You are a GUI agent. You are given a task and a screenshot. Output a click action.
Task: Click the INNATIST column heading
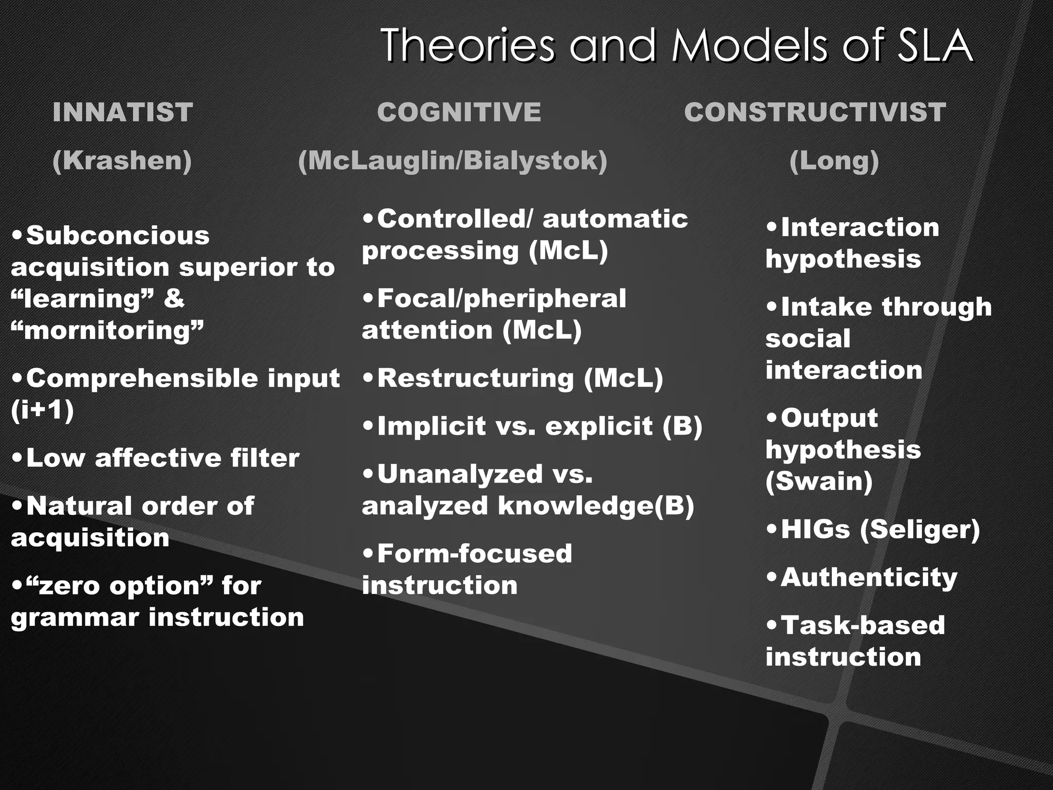point(122,112)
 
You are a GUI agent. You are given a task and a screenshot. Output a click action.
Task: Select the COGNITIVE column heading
point(459,112)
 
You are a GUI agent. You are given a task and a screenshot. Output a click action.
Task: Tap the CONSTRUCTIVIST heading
point(814,112)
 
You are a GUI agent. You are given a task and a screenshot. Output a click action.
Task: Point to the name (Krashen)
point(122,160)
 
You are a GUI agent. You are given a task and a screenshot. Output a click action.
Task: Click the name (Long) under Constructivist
point(833,160)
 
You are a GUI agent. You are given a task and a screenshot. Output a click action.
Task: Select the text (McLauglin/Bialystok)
point(452,160)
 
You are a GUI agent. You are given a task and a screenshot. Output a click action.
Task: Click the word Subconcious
point(118,236)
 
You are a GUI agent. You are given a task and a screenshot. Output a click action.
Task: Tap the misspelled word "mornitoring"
point(107,330)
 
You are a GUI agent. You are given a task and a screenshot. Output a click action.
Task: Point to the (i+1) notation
point(42,410)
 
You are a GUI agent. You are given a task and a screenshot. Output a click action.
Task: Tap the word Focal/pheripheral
point(501,299)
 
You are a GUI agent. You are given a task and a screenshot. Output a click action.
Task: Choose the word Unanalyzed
point(460,474)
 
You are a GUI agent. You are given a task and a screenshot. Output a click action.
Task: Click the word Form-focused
point(474,554)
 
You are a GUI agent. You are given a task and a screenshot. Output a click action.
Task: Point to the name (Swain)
point(819,481)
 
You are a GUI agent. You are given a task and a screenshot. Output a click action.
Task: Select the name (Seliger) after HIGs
point(920,529)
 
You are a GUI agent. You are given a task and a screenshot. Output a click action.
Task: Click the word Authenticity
point(868,577)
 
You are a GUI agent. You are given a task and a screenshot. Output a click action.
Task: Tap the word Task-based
point(863,625)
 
